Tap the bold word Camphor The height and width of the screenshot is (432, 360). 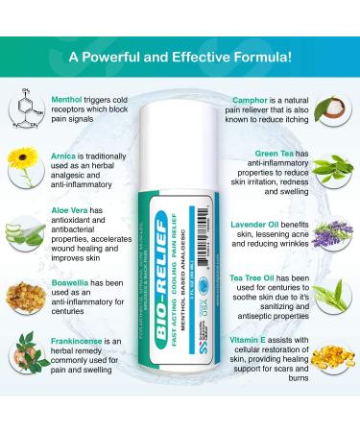(x=251, y=99)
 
